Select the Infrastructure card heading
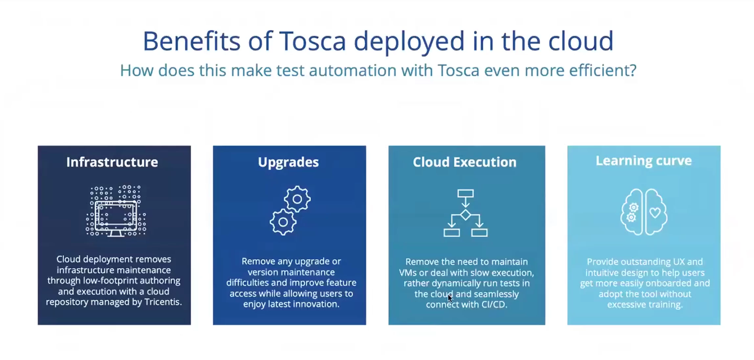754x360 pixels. pyautogui.click(x=112, y=162)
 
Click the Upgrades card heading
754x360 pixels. pyautogui.click(x=288, y=162)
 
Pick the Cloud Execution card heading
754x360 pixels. pyautogui.click(x=465, y=162)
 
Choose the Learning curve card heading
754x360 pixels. pyautogui.click(x=644, y=161)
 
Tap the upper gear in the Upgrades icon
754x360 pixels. pyautogui.click(x=297, y=199)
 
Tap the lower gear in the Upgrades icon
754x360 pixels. pyautogui.click(x=283, y=222)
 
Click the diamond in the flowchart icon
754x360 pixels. pyautogui.click(x=465, y=215)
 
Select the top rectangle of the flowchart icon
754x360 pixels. pyautogui.click(x=465, y=193)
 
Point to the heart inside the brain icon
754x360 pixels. pyautogui.click(x=655, y=213)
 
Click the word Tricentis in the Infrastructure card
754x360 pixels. pyautogui.click(x=163, y=302)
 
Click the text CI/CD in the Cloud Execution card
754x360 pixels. pyautogui.click(x=495, y=304)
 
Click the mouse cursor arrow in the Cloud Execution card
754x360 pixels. pyautogui.click(x=450, y=298)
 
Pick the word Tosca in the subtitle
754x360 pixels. pyautogui.click(x=458, y=70)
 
